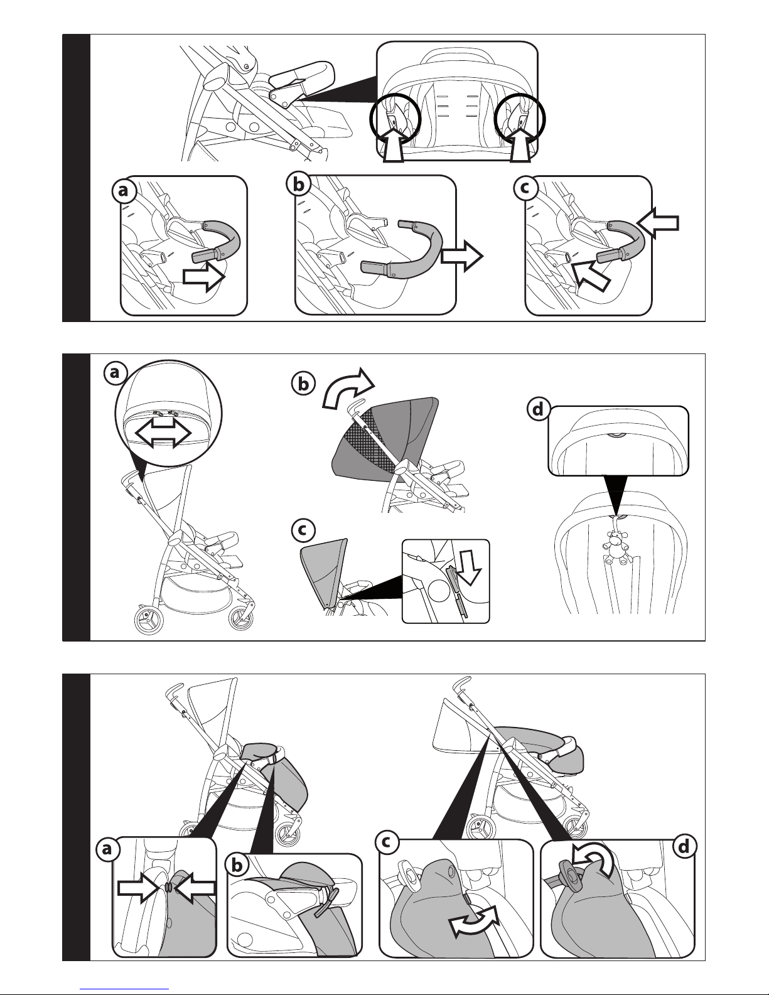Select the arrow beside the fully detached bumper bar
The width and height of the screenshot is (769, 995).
pos(462,256)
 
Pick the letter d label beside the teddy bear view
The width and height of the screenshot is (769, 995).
pos(538,409)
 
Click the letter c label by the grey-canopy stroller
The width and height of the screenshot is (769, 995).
pos(303,530)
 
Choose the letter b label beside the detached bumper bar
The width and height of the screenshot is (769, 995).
pos(298,185)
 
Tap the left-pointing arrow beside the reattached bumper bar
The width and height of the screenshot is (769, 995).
pos(658,223)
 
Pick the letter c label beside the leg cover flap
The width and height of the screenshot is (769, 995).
pos(387,842)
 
